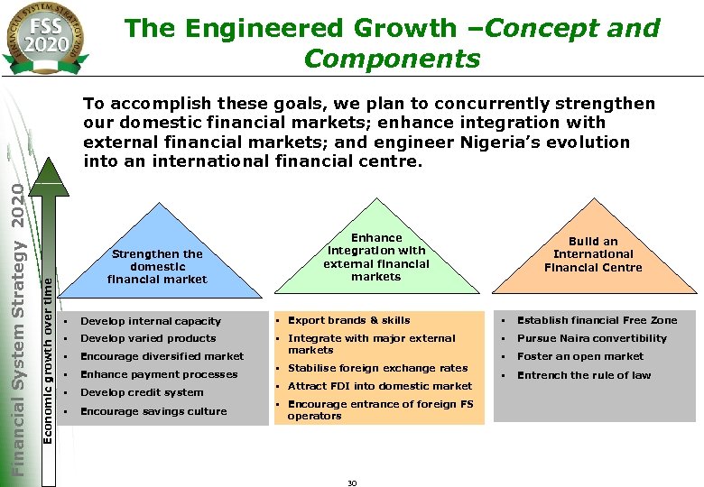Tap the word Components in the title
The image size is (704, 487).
pyautogui.click(x=392, y=60)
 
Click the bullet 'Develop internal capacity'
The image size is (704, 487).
pyautogui.click(x=150, y=321)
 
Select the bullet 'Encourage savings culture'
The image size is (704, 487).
pyautogui.click(x=153, y=411)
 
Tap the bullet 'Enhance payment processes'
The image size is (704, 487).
pyautogui.click(x=159, y=374)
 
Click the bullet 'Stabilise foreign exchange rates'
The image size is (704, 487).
pyautogui.click(x=377, y=368)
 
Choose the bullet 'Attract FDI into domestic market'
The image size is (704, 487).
pyautogui.click(x=379, y=386)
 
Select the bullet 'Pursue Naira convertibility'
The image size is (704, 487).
pyautogui.click(x=591, y=338)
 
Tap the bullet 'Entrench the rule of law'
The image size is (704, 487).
pyautogui.click(x=583, y=375)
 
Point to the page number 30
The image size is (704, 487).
pyautogui.click(x=352, y=483)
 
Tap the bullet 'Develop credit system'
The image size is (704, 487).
pyautogui.click(x=142, y=392)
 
